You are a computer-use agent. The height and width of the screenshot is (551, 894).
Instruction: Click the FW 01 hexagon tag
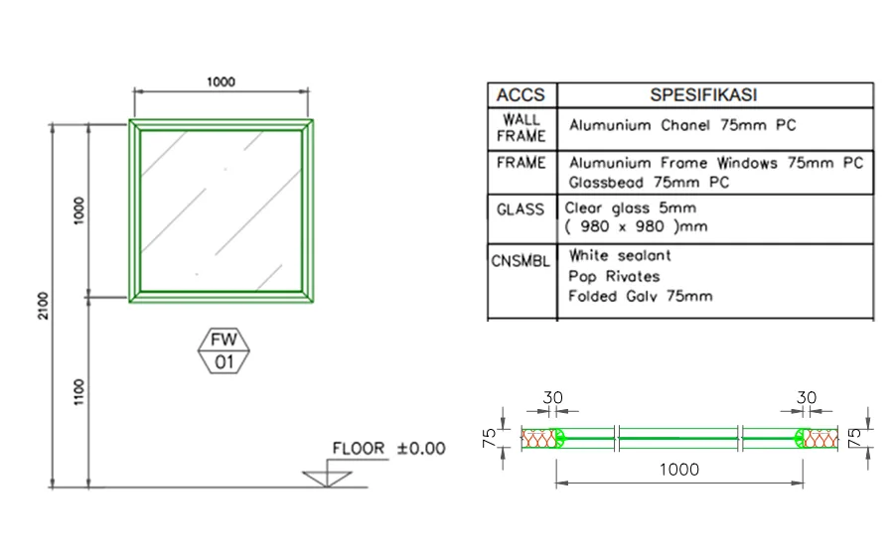223,351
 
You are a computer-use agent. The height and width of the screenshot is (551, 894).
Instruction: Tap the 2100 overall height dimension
44,306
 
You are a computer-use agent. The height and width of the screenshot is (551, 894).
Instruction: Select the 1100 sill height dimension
78,392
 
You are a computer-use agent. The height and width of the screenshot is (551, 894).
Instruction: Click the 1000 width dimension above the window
221,82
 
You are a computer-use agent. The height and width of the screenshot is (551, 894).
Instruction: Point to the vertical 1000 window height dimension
78,210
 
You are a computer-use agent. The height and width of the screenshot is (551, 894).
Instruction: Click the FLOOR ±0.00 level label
388,449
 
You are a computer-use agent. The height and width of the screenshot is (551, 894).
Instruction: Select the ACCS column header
521,95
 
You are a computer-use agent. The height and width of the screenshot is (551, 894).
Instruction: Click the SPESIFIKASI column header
703,95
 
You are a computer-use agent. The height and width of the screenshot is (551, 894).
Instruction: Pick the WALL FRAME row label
521,128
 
